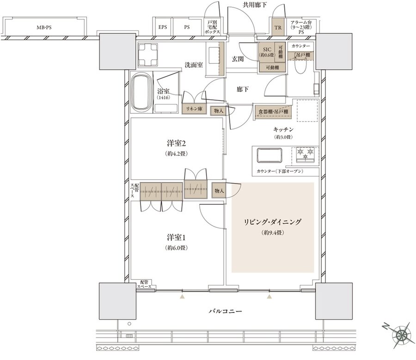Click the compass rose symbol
(x=400, y=334)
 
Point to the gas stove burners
(x=305, y=154)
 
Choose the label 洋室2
(x=176, y=143)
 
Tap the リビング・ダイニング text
(x=273, y=222)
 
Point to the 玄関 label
(x=238, y=59)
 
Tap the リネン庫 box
(x=195, y=110)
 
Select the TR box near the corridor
(x=278, y=27)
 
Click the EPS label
(x=163, y=27)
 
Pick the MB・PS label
(x=44, y=27)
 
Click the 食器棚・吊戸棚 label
(x=273, y=111)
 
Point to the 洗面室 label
(x=194, y=65)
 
